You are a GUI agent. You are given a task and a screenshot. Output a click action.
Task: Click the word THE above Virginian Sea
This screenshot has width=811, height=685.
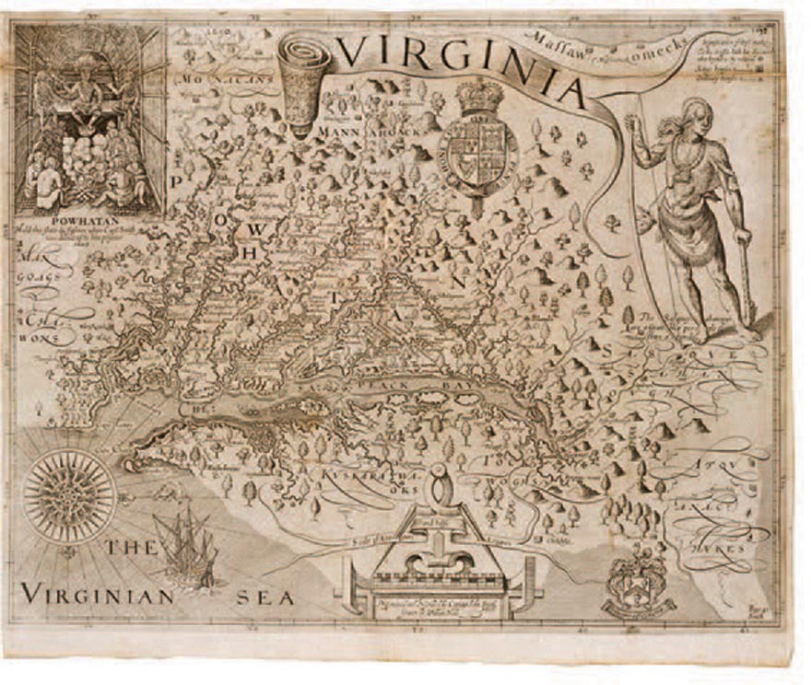[129, 549]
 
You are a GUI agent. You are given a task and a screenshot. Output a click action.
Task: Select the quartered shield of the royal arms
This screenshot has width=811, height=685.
[476, 151]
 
